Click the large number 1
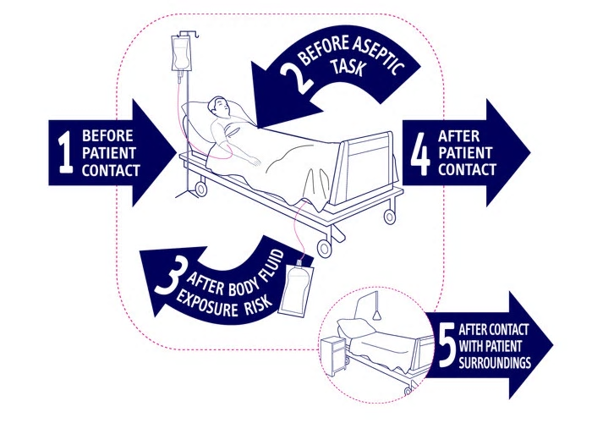pyautogui.click(x=66, y=152)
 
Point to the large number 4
pyautogui.click(x=420, y=154)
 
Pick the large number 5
pyautogui.click(x=447, y=345)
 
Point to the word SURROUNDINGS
pyautogui.click(x=495, y=363)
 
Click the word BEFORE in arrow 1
pyautogui.click(x=107, y=135)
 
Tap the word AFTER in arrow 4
pyautogui.click(x=458, y=136)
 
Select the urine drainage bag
pyautogui.click(x=296, y=289)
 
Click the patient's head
pyautogui.click(x=218, y=107)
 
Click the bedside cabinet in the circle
pyautogui.click(x=333, y=356)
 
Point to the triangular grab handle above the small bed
pyautogui.click(x=376, y=315)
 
